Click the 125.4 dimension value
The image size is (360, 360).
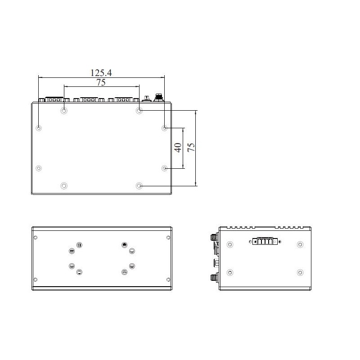(x=101, y=72)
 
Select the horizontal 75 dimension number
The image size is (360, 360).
(x=101, y=82)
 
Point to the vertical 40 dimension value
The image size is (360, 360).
(x=178, y=148)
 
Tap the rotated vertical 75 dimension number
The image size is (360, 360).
(x=191, y=148)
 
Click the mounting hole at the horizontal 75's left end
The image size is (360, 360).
(x=64, y=110)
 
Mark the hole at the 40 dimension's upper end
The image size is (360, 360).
(x=165, y=128)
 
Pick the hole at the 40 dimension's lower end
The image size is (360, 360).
(x=165, y=168)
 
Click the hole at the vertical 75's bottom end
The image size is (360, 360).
(x=139, y=185)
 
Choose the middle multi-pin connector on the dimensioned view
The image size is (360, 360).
(x=89, y=100)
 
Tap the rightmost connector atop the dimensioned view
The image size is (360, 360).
(x=158, y=98)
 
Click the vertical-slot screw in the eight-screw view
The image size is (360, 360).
(x=79, y=245)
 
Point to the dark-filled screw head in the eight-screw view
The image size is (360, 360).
(x=124, y=245)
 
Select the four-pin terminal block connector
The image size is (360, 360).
(x=265, y=242)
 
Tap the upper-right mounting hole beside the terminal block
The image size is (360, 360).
(x=300, y=244)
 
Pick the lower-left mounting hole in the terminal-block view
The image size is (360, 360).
(x=230, y=273)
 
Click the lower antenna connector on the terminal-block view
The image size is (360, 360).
(x=213, y=277)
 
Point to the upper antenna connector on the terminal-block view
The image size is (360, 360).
(x=213, y=237)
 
